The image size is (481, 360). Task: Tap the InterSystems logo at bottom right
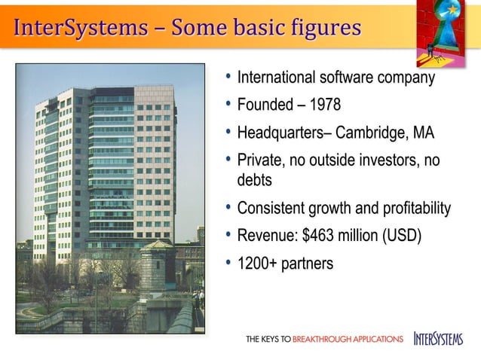point(437,339)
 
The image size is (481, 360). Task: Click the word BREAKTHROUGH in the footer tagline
point(348,340)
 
